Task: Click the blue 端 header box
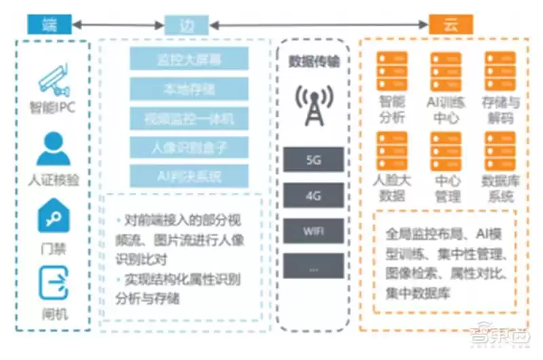[x=48, y=26]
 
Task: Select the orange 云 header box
[x=451, y=25]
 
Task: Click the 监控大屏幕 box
[x=189, y=59]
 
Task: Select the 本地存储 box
[x=189, y=88]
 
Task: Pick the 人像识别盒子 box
[x=189, y=146]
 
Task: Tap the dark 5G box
[x=314, y=162]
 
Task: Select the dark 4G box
[x=314, y=196]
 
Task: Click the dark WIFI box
[x=314, y=231]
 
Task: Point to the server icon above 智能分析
[x=392, y=71]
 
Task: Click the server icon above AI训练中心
[x=445, y=71]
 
